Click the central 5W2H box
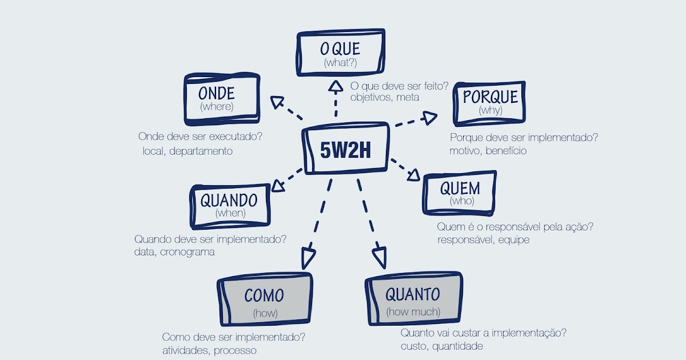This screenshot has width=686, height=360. click(x=346, y=149)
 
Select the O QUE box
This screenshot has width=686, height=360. click(x=340, y=53)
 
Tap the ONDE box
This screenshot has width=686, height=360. click(x=221, y=99)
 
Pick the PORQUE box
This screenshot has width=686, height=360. click(x=490, y=102)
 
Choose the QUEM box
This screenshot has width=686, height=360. click(x=459, y=193)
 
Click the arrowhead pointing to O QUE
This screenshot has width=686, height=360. click(x=336, y=87)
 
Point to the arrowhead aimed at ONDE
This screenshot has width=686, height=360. click(x=278, y=102)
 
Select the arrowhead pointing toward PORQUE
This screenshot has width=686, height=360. click(x=429, y=118)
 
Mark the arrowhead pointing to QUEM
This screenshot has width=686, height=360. click(x=414, y=175)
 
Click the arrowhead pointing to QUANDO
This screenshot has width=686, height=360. click(x=278, y=185)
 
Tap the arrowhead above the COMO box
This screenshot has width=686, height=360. click(x=308, y=258)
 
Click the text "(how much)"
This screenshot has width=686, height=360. click(x=413, y=312)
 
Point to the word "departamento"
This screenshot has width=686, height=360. click(x=201, y=151)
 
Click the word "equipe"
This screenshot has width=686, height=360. click(x=513, y=240)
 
